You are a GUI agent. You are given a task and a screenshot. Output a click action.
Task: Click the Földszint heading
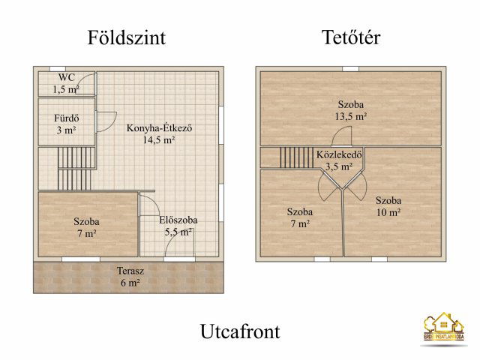tap(126, 37)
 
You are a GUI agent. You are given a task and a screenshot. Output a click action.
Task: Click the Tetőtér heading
tap(350, 37)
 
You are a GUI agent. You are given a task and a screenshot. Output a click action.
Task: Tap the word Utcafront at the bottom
tap(240, 331)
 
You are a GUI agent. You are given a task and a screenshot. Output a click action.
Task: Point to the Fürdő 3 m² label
tap(66, 124)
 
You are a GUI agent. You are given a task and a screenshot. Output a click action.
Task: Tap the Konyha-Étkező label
tap(160, 127)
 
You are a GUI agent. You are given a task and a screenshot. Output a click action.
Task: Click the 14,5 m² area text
tap(160, 139)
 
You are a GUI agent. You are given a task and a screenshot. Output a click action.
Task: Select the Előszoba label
tap(178, 220)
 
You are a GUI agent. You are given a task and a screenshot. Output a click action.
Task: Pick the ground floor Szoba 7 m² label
tap(86, 227)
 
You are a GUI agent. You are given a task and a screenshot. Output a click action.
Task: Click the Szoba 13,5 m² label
tap(351, 110)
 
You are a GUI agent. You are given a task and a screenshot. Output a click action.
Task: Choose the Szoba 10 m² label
tap(388, 205)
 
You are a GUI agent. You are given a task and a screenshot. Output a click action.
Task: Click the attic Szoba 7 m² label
tap(300, 217)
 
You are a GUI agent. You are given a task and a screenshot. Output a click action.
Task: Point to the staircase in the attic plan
tap(295, 157)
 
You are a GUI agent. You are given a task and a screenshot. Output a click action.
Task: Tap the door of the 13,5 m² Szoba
tap(341, 136)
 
